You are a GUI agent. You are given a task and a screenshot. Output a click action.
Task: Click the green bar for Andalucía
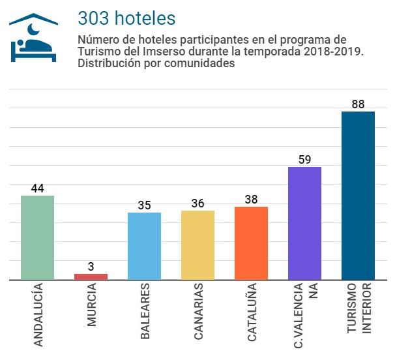click(x=37, y=237)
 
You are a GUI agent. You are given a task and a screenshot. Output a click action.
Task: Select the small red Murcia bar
click(x=91, y=277)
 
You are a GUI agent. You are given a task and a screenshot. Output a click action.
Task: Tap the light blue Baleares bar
click(x=144, y=246)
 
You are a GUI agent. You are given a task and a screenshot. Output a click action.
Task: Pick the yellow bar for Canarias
click(x=197, y=245)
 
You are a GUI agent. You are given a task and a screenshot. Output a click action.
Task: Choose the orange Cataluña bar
click(x=251, y=243)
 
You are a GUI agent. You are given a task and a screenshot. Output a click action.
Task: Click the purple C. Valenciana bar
click(x=304, y=223)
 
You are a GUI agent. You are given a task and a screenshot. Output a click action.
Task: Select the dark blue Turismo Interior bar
click(x=358, y=196)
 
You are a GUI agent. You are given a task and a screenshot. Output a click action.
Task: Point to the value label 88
click(x=358, y=104)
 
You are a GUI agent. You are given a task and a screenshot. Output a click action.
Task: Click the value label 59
click(x=304, y=160)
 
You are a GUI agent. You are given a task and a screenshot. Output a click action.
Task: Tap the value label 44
click(x=38, y=188)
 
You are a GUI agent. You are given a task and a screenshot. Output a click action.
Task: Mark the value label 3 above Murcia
click(x=91, y=267)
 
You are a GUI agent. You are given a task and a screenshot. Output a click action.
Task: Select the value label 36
click(x=197, y=203)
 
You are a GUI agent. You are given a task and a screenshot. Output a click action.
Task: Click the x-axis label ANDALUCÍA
click(x=38, y=314)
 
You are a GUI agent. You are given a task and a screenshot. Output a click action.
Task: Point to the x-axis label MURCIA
click(x=92, y=305)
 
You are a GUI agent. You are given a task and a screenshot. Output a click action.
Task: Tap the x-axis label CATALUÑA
click(x=252, y=312)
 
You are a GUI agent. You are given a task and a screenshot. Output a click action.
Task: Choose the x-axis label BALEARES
click(x=145, y=311)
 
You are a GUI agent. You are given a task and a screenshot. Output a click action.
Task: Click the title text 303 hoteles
click(x=126, y=18)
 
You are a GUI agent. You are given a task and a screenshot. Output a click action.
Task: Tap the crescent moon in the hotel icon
click(x=33, y=29)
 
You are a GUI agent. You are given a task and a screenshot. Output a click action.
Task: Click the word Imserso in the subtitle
click(x=164, y=52)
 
